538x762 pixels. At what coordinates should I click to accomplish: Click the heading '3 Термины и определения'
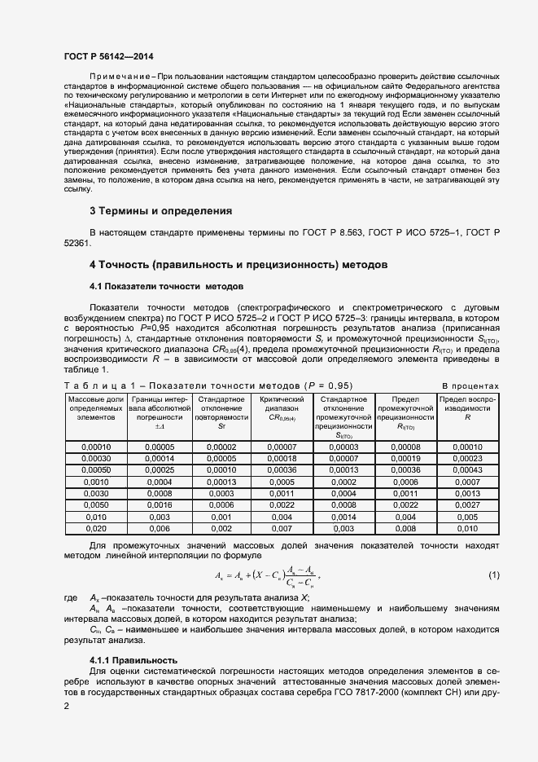click(x=160, y=210)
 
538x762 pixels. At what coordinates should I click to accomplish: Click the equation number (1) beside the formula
click(x=493, y=576)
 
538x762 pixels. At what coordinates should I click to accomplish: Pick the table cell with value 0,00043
click(x=467, y=470)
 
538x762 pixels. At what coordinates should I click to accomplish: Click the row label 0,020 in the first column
click(x=96, y=528)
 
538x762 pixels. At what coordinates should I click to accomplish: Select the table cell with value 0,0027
click(x=467, y=505)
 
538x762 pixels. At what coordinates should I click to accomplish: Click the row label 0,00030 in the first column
click(x=96, y=459)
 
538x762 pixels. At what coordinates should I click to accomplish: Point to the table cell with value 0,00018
click(x=282, y=459)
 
